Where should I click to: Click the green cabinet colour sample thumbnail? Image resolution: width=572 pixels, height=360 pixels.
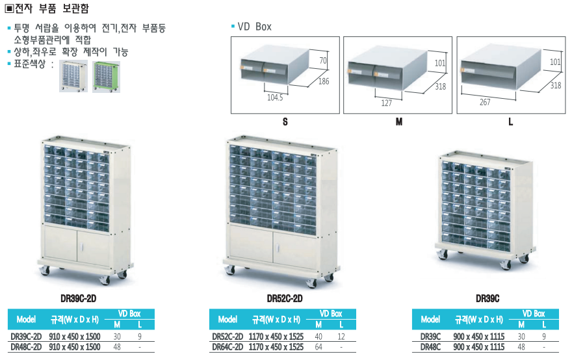point(105,77)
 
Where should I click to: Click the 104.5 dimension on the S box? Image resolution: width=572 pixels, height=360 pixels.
point(275,97)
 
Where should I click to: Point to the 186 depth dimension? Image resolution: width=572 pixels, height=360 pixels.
point(324,81)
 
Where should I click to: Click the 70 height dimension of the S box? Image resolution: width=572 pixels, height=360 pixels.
point(324,60)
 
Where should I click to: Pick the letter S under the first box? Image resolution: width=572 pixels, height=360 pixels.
point(285,122)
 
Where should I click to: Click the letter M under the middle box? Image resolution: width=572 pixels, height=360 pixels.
point(399,122)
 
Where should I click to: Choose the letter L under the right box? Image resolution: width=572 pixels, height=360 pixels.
point(511,122)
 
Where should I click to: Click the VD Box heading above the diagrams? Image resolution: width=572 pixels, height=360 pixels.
point(254,27)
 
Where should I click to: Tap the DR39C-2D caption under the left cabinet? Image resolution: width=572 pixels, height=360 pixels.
point(78,299)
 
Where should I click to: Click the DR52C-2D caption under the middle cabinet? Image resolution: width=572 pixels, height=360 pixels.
point(285,299)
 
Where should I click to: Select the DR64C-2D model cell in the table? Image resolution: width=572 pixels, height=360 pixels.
point(227,347)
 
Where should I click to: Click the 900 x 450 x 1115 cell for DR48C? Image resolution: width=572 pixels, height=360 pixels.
point(480,347)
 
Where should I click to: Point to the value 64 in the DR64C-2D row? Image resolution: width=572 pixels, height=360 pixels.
point(318,347)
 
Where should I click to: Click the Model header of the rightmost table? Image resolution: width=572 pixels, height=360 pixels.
point(430,319)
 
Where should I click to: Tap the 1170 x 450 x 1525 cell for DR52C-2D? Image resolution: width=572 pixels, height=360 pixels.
point(276,337)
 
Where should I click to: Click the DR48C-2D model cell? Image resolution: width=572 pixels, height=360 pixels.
point(26,347)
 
